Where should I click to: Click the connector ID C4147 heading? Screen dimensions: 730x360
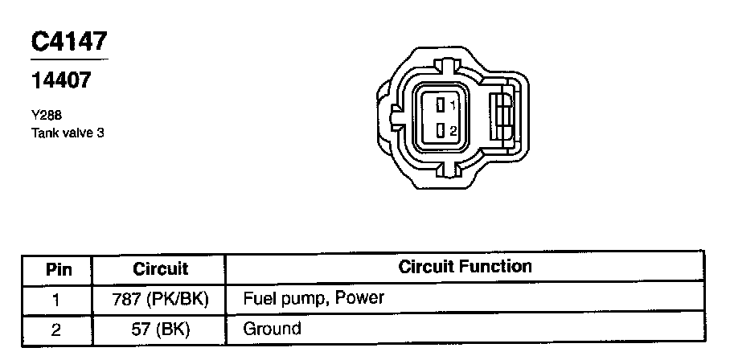click(69, 41)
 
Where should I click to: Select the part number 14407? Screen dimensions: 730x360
click(61, 80)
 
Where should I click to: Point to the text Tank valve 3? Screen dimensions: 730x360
click(68, 133)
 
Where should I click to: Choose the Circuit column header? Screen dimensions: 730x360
click(160, 268)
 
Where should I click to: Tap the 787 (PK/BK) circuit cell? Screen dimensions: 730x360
click(160, 299)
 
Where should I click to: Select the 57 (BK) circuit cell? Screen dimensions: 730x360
click(160, 329)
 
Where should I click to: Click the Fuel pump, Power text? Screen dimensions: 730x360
click(314, 299)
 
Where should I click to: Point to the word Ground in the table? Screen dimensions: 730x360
click(272, 329)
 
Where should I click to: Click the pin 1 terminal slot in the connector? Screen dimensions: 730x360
click(441, 104)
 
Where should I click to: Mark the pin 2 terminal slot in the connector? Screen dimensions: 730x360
click(441, 130)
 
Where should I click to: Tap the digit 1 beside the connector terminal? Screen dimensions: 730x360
click(453, 105)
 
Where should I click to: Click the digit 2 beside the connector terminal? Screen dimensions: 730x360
click(453, 131)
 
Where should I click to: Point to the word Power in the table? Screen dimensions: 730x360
click(359, 299)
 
